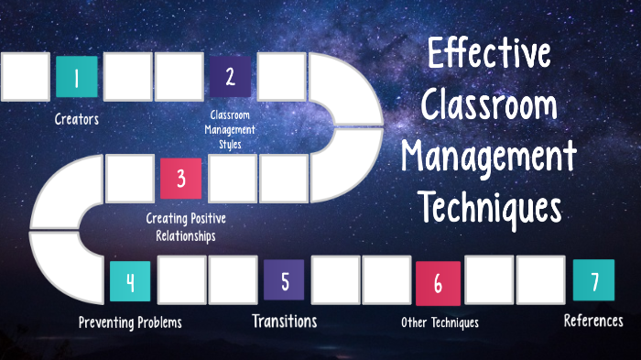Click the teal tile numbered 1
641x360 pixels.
click(77, 77)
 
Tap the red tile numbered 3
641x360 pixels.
click(180, 178)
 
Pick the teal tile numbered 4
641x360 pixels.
click(130, 281)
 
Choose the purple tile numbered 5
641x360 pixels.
click(285, 279)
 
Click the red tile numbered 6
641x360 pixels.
click(438, 282)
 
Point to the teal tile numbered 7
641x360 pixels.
click(593, 280)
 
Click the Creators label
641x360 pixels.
click(77, 118)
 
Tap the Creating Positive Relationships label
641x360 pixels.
click(186, 226)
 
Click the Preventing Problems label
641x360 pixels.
click(130, 322)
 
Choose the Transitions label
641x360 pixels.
click(285, 322)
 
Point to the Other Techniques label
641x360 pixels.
click(440, 322)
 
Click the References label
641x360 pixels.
click(593, 321)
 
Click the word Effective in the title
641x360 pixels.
click(490, 57)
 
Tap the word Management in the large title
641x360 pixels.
click(490, 158)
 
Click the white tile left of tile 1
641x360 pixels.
click(26, 77)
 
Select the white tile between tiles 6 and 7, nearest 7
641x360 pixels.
click(540, 279)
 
